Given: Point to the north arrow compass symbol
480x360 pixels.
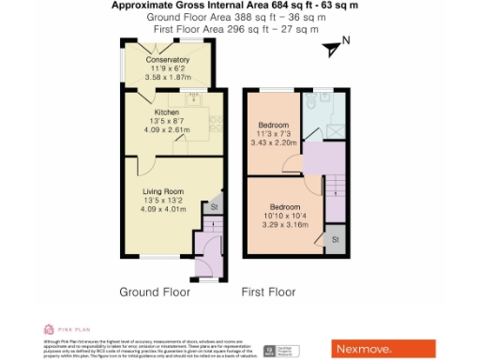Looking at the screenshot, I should pyautogui.click(x=335, y=44).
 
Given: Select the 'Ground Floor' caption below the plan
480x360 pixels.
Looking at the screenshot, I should pyautogui.click(x=155, y=292).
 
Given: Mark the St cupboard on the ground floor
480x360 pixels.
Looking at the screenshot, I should pyautogui.click(x=214, y=207).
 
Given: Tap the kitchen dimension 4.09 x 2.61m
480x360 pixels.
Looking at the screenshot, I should pyautogui.click(x=166, y=128).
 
